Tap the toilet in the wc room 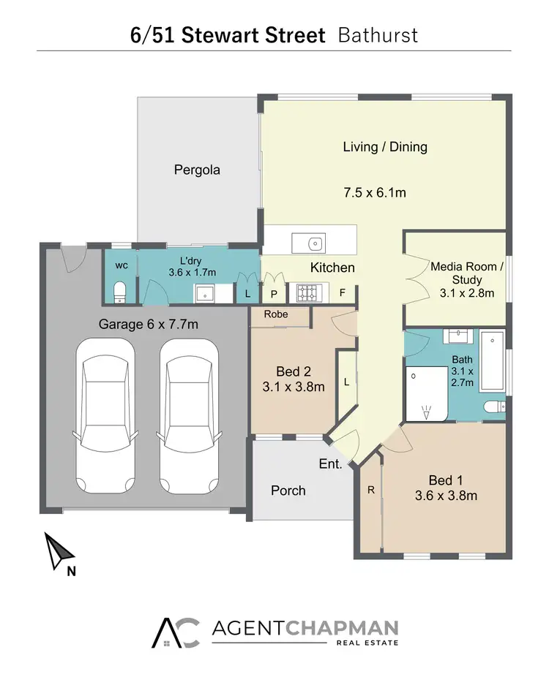pyautogui.click(x=121, y=292)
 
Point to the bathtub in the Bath pyautogui.click(x=493, y=360)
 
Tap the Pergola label pyautogui.click(x=197, y=170)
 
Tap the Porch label pyautogui.click(x=288, y=491)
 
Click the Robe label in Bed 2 pyautogui.click(x=277, y=314)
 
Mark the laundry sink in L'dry pyautogui.click(x=204, y=292)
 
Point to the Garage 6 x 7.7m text pyautogui.click(x=149, y=324)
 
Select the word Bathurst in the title pyautogui.click(x=378, y=35)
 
